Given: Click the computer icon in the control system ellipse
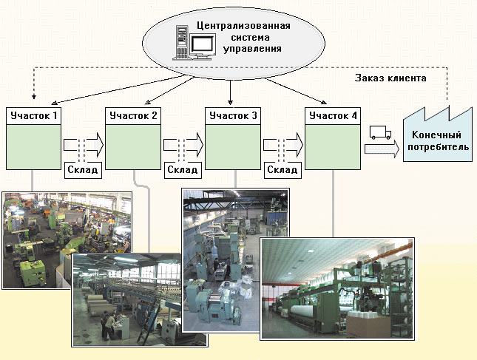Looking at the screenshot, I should pyautogui.click(x=189, y=41).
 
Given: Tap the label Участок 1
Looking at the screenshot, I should pyautogui.click(x=33, y=115).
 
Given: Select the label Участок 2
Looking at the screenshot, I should pyautogui.click(x=133, y=115).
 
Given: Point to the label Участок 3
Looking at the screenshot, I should pyautogui.click(x=233, y=115).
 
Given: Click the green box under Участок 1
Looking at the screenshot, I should pyautogui.click(x=33, y=146).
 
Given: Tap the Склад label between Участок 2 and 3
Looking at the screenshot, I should pyautogui.click(x=182, y=169).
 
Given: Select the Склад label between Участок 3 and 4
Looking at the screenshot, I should pyautogui.click(x=282, y=169).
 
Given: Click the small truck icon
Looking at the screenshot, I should pyautogui.click(x=379, y=133).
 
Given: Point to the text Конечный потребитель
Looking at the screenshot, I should pyautogui.click(x=436, y=141).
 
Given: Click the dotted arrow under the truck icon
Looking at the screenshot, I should pyautogui.click(x=380, y=149).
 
